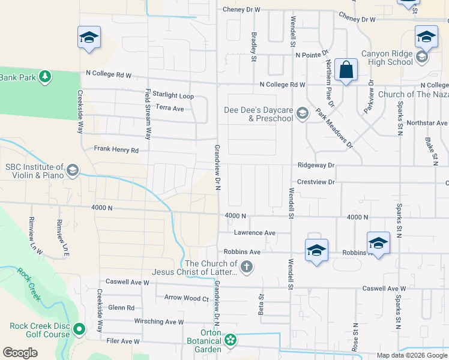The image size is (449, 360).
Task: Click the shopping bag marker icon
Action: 346,70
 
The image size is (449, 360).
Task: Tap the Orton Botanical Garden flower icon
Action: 231,341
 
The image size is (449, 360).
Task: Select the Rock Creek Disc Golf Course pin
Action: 79,329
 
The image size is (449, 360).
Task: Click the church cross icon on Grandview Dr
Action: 246,266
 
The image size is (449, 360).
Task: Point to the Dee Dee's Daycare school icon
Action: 303,113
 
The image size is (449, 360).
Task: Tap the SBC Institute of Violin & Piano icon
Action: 73,170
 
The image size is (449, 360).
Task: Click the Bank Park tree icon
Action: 44,76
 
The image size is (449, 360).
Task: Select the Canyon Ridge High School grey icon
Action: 422,57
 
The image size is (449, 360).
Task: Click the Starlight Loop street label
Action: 173,95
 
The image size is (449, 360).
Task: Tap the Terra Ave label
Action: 169,108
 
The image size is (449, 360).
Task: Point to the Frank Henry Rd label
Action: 116,149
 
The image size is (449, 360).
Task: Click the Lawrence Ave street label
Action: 254,233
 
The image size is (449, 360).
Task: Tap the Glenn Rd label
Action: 121,308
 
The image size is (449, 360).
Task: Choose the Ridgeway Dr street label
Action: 315,165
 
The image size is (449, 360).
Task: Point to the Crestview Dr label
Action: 315,181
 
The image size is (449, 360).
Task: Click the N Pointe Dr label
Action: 310,55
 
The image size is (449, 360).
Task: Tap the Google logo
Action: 20,353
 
